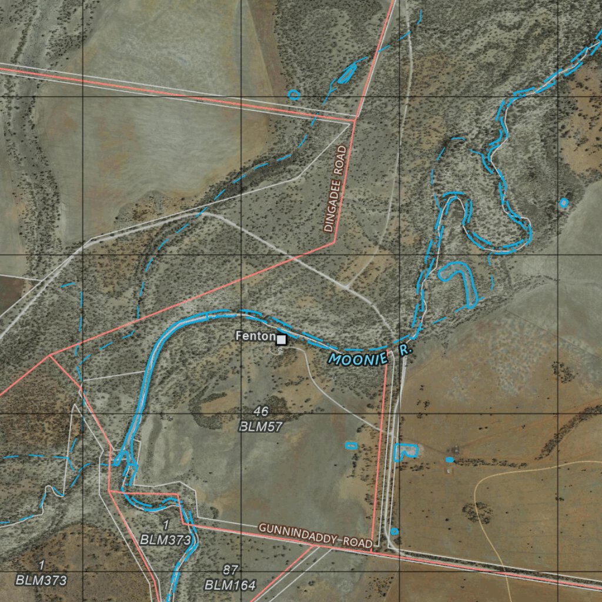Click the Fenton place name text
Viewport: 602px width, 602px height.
[255, 336]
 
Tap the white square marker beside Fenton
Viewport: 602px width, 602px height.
[282, 339]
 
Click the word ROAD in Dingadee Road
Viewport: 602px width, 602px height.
[341, 160]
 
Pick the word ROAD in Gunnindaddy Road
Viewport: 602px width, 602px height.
[358, 543]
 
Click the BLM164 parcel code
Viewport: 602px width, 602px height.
[230, 586]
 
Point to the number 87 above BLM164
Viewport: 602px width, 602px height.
[230, 570]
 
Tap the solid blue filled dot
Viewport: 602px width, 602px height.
[450, 459]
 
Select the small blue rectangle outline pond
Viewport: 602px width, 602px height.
[351, 445]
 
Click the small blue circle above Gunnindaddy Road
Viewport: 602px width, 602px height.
[394, 531]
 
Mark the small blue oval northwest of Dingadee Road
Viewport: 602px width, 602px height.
[294, 93]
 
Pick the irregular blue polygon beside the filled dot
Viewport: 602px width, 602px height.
[406, 451]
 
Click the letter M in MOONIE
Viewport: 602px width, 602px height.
[335, 359]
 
